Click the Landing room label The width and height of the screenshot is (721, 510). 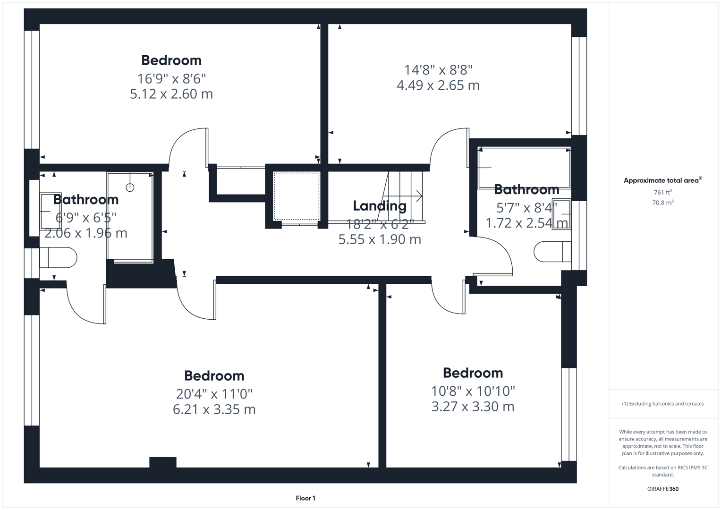(x=380, y=206)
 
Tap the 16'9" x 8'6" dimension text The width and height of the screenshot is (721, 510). (x=171, y=78)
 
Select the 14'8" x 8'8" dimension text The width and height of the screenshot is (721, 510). (x=438, y=70)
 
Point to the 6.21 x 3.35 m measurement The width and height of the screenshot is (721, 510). (x=214, y=409)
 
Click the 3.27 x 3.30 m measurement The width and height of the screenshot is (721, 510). (x=473, y=406)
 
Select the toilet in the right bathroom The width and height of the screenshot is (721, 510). (x=552, y=252)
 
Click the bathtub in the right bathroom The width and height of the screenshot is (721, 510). (x=524, y=168)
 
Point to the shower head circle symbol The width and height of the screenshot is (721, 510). (x=130, y=187)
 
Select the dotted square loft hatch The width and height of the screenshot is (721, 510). (x=297, y=196)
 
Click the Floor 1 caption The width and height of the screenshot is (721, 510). (x=305, y=498)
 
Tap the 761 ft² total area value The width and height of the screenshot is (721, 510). (x=662, y=192)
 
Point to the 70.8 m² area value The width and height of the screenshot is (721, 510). (x=662, y=203)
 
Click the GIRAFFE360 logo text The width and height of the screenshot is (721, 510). (x=662, y=489)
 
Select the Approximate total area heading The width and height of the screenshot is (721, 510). (x=662, y=180)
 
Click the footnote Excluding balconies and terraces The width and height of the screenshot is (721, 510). (x=662, y=404)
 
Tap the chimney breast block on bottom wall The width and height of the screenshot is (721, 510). (x=163, y=462)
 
